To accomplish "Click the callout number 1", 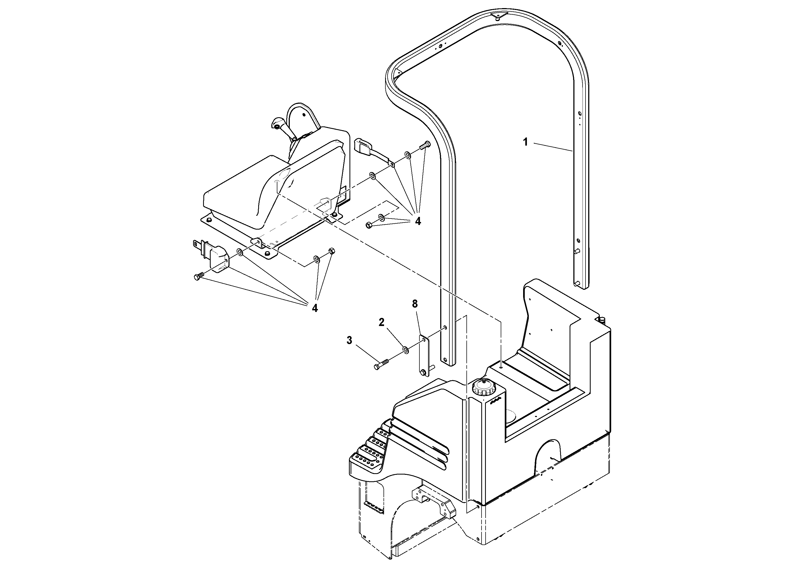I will click(525, 142).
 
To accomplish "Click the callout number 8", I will click(415, 304).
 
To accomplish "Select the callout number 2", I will click(382, 322).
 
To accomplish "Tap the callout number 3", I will click(349, 340).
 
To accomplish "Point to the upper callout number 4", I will click(418, 221).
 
